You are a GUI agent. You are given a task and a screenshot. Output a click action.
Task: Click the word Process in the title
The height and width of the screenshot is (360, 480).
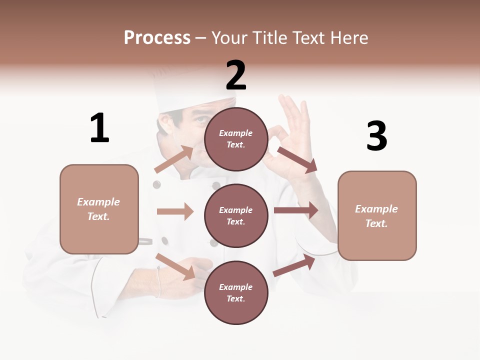tap(157, 37)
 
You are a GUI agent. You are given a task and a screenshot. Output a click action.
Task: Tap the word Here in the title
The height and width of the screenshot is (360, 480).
tap(347, 37)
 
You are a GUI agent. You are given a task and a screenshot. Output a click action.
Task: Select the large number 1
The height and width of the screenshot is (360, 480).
tap(99, 128)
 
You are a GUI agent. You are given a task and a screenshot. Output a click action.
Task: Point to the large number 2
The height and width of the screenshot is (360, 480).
tap(236, 75)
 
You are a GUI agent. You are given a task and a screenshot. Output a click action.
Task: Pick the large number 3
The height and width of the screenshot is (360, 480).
tap(376, 136)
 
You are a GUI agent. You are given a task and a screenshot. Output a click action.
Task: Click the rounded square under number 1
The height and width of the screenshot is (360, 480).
tap(99, 209)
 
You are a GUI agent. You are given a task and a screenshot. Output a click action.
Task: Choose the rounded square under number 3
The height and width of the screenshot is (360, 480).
tap(377, 216)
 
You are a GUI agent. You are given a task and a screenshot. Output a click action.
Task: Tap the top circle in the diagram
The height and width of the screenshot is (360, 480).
tap(236, 139)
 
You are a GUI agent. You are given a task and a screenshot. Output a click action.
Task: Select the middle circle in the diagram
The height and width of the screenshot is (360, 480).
tap(236, 216)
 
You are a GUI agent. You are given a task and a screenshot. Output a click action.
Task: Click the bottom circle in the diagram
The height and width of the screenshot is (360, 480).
tap(236, 293)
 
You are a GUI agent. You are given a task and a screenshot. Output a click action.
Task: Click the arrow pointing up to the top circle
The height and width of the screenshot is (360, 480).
tap(174, 159)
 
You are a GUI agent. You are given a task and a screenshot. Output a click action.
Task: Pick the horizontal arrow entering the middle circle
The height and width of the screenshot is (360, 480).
tap(175, 211)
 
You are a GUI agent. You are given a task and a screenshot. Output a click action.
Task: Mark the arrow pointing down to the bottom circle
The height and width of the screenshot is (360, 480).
tap(175, 266)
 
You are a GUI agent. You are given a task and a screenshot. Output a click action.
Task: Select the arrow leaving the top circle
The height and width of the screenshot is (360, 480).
tap(297, 160)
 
